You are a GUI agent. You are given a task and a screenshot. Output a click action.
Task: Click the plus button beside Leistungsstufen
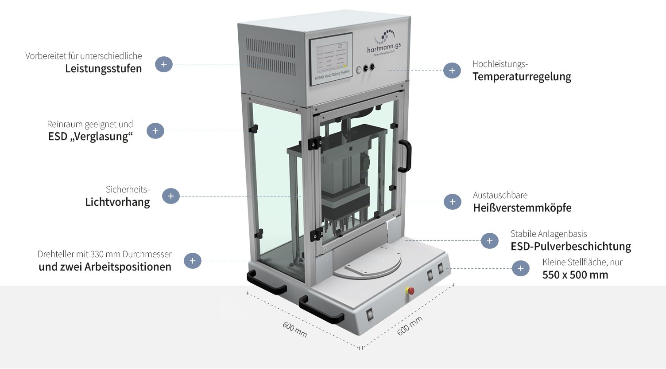163,64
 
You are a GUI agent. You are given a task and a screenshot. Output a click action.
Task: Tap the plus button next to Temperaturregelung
452,71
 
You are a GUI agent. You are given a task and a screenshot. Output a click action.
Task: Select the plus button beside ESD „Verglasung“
155,131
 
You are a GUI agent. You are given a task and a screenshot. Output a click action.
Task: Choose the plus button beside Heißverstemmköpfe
452,202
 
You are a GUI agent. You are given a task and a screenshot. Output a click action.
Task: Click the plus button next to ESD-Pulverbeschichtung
489,241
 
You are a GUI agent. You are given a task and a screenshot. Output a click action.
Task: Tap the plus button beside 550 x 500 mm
521,268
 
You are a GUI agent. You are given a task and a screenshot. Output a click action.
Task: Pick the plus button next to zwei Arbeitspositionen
192,261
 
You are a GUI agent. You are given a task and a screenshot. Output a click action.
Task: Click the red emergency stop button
410,291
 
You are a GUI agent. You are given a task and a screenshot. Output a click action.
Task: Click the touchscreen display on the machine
331,57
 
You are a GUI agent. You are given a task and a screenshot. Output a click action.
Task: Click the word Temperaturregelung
522,77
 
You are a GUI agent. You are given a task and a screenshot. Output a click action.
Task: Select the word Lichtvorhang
117,202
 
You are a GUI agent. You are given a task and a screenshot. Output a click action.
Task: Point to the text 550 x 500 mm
575,275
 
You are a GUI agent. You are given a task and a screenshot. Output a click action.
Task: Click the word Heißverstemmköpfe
522,208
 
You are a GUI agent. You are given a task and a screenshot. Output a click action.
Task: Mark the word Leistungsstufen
103,69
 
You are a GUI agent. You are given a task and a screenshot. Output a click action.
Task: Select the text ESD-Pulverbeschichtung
571,247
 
